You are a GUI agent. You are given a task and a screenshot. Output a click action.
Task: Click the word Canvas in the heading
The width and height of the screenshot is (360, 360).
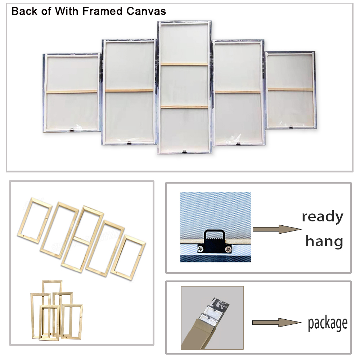146,11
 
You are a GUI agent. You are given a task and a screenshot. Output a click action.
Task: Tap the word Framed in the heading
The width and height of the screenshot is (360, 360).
102,11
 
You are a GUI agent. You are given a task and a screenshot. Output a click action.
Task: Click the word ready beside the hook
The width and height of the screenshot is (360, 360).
322,217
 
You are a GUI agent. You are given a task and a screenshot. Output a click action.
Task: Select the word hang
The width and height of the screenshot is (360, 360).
324,241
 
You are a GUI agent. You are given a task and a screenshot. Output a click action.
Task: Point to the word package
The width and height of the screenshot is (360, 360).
328,324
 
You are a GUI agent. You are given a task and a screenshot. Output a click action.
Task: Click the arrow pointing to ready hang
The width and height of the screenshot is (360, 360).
277,229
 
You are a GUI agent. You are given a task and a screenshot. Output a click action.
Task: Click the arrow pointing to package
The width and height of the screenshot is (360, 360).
276,323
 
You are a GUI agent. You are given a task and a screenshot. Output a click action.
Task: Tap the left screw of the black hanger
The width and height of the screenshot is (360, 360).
200,249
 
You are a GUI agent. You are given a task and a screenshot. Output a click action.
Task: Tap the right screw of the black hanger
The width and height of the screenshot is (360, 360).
228,249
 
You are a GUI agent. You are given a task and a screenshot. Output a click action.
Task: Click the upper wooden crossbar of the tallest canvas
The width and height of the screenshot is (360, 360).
184,64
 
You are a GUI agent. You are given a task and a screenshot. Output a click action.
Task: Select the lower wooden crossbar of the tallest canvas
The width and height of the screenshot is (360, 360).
184,107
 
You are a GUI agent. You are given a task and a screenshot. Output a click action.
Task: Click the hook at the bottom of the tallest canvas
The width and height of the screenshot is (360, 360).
184,152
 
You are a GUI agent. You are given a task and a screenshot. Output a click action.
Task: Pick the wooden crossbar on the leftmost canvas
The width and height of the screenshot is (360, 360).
72,92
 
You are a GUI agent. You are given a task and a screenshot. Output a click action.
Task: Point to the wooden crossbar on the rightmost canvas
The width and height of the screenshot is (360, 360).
291,89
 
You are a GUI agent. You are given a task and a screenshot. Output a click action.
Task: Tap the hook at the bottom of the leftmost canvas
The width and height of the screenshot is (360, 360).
72,130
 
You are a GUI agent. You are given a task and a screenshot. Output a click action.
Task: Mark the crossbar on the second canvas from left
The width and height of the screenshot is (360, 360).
129,90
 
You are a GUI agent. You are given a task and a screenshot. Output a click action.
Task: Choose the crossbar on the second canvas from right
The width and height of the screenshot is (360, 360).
238,92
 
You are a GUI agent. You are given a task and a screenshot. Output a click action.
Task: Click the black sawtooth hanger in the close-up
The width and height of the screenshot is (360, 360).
214,242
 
